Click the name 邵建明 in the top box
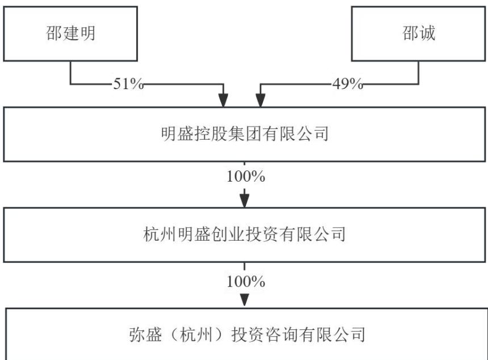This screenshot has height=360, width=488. pos(70,34)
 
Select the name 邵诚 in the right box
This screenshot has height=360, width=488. pos(419,34)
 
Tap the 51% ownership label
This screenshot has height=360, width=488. pos(128,83)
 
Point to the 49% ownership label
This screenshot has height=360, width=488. pos(348,83)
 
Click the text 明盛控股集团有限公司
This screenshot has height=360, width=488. pos(245,134)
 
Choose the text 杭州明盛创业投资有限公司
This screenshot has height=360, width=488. pos(244,235)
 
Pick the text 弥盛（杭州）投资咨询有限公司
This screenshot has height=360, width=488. pos(247,335)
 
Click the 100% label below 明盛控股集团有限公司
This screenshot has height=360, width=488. pos(246,177)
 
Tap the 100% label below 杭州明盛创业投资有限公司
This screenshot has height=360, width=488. pos(246,282)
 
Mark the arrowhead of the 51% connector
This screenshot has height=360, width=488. pos(223,101)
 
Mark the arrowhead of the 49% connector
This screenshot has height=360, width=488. pos(261,101)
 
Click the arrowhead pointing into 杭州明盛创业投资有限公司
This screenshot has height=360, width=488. pos(245,200)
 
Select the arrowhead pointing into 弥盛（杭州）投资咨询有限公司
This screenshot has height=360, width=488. pos(245,300)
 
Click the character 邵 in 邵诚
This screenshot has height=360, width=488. pos(410,34)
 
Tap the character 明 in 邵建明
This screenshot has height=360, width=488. pos(87,34)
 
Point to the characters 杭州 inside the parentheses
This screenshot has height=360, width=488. pos(197,335)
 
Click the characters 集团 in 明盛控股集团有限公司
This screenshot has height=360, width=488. pos(245,134)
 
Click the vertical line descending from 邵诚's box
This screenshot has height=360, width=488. pos(419,73)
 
